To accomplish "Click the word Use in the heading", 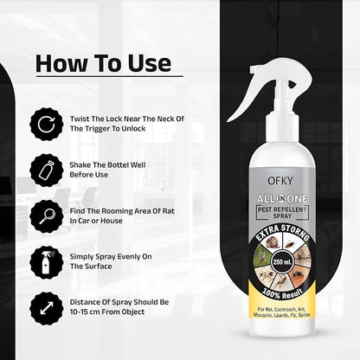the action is coord(150,63).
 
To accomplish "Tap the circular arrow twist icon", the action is coord(47,124).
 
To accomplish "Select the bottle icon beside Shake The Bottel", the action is coord(47,170).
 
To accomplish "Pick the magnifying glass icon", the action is coord(47,216).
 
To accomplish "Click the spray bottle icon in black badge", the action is coord(47,262).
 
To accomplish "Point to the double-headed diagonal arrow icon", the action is coord(47,308).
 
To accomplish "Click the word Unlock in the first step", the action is coord(133,129).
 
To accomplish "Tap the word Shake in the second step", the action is coord(80,165).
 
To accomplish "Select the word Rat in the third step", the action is coord(169,211).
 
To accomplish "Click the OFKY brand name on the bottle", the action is coord(280,181).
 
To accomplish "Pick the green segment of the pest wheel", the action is coord(261,256).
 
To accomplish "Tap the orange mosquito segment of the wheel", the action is coord(299,275).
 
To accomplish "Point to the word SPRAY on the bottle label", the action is coord(282,216).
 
